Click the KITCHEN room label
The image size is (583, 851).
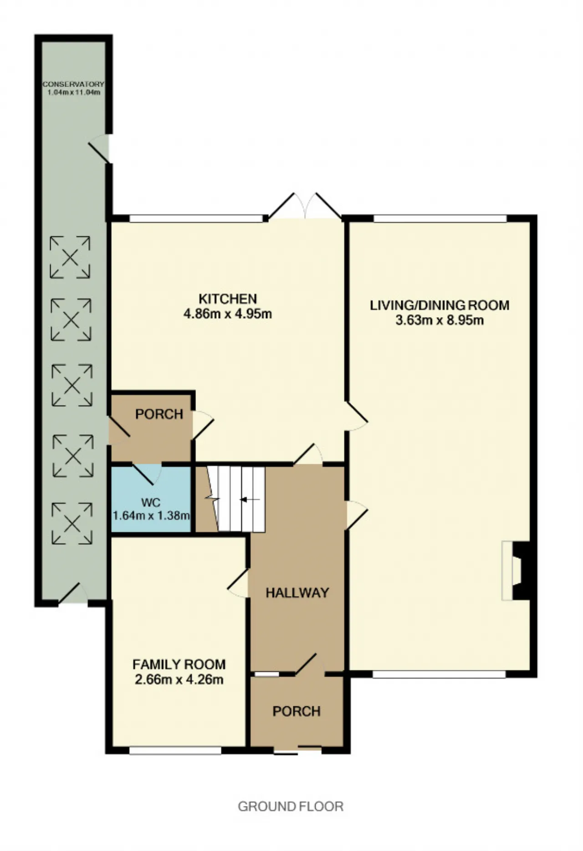[x=228, y=299]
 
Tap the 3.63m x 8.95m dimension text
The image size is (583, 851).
[x=440, y=320]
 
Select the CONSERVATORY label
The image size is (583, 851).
[x=73, y=84]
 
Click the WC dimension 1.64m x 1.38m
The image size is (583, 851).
[x=151, y=516]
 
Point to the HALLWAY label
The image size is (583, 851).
[x=297, y=593]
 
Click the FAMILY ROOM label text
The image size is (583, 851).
[x=179, y=664]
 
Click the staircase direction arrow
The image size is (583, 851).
[x=250, y=500]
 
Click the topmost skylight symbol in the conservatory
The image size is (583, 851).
[x=70, y=257]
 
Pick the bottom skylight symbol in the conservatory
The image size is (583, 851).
[x=72, y=523]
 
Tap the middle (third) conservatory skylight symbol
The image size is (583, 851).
[x=72, y=385]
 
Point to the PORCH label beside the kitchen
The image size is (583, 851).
[x=159, y=414]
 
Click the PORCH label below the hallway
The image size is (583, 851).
[x=297, y=711]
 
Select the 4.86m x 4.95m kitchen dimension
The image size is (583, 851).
[x=228, y=314]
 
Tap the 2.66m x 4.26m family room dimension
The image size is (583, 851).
[x=179, y=679]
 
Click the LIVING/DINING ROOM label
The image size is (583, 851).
[x=440, y=305]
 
